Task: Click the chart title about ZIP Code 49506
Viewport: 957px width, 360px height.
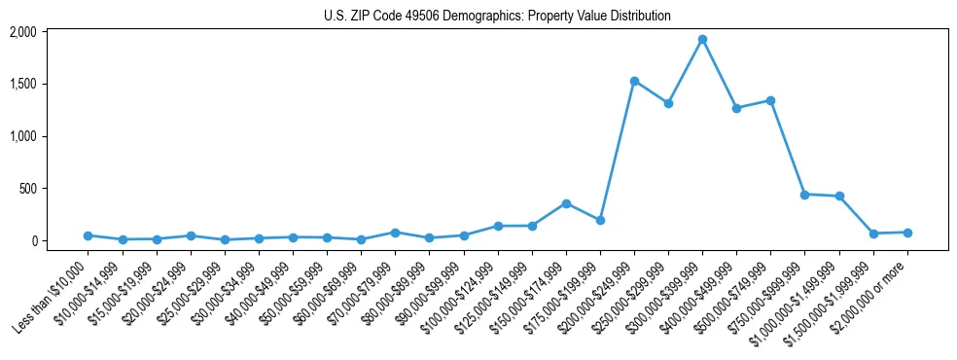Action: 497,17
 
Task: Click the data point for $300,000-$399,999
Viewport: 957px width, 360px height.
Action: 702,40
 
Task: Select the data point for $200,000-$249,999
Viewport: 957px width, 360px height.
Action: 634,81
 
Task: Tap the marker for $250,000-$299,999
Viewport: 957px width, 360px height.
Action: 668,103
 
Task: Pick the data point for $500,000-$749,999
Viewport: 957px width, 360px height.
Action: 770,100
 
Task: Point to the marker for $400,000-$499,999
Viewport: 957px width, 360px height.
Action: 736,108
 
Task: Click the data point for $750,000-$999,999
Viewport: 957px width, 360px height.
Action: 804,195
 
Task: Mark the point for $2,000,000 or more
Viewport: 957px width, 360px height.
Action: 907,233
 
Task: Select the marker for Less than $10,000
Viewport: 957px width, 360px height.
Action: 88,235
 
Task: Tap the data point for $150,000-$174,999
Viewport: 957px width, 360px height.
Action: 566,203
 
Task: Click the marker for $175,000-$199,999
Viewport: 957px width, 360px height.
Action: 600,220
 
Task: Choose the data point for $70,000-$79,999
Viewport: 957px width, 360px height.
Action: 395,233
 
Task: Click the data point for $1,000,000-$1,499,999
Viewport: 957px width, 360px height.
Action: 839,197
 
